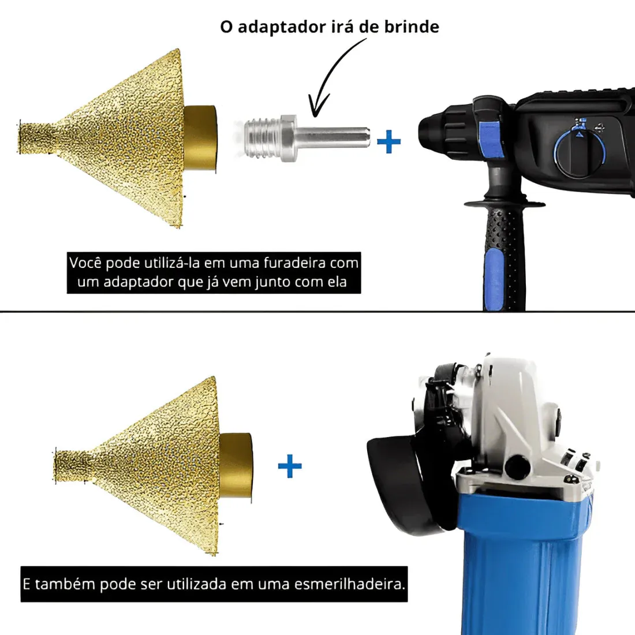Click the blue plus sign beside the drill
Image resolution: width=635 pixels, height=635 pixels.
coord(389,142)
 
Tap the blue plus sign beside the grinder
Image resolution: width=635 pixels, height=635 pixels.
coord(290,466)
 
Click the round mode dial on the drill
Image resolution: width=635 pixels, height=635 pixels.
coord(579,153)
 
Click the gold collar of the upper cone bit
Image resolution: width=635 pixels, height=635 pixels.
coord(200,139)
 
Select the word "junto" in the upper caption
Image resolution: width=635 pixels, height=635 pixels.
coord(273,282)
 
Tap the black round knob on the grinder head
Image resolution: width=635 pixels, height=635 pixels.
coord(518,466)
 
